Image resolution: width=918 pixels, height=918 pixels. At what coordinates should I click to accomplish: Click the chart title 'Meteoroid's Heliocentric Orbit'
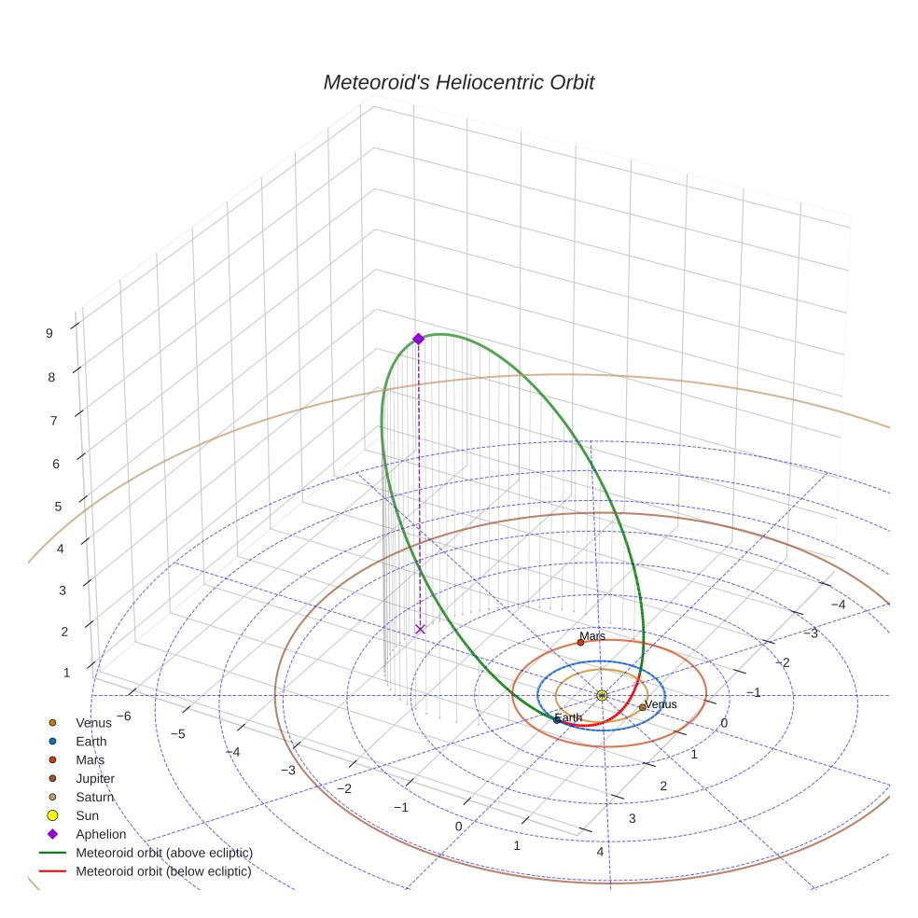[x=458, y=83]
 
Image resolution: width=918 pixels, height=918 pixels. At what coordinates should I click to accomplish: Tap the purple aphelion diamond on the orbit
[x=418, y=339]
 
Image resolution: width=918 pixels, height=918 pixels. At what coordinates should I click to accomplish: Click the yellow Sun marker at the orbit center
[x=602, y=695]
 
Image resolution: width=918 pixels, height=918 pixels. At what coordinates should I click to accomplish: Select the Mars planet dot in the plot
[x=580, y=642]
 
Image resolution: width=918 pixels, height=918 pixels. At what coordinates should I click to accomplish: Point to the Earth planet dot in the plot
[x=557, y=720]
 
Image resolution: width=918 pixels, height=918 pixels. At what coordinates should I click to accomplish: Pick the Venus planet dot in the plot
[x=642, y=707]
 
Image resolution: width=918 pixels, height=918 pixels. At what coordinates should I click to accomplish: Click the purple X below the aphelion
[x=420, y=630]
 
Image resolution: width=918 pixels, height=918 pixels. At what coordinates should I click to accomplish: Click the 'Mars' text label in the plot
[x=593, y=636]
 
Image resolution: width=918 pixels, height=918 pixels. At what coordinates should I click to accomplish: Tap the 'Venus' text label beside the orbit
[x=661, y=704]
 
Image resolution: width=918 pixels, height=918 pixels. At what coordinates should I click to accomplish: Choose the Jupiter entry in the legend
[x=95, y=778]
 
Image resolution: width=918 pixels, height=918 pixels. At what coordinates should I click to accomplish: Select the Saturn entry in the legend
[x=94, y=797]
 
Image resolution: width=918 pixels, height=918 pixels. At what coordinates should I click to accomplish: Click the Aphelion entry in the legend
[x=101, y=834]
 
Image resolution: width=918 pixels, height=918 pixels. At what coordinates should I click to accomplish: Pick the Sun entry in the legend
[x=87, y=815]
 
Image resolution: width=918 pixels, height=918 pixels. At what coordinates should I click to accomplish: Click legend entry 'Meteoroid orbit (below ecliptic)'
[x=163, y=871]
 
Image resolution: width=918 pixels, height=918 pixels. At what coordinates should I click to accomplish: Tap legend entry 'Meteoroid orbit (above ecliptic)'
[x=163, y=853]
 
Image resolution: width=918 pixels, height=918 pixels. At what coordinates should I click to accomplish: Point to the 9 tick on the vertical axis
[x=49, y=332]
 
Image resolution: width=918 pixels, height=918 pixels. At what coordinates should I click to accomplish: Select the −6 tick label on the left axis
[x=122, y=716]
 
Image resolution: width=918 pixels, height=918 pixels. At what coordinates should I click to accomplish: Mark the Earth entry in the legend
[x=91, y=741]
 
